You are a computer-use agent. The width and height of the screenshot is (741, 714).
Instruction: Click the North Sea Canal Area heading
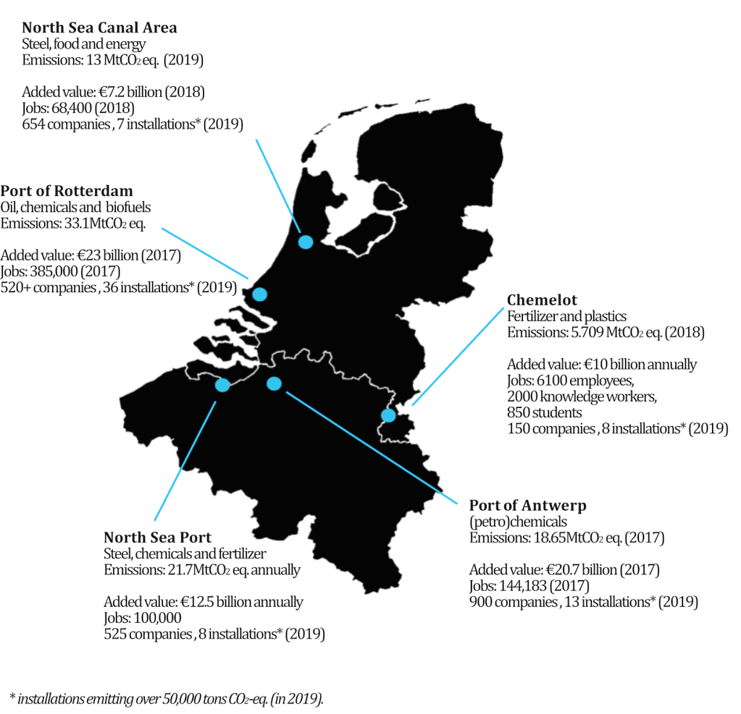(x=99, y=28)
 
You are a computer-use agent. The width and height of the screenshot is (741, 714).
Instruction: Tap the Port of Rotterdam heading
(x=67, y=192)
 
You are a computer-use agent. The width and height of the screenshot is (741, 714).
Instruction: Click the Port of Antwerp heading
(x=527, y=505)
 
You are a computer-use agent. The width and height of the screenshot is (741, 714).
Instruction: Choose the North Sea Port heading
(x=157, y=537)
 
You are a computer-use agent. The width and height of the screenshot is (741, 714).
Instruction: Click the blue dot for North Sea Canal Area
(x=305, y=242)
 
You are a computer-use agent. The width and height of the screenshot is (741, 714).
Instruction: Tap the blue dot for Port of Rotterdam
(x=259, y=294)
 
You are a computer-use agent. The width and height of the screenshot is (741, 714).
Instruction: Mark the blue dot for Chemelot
(x=388, y=415)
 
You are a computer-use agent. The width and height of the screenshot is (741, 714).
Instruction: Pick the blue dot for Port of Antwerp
(x=274, y=384)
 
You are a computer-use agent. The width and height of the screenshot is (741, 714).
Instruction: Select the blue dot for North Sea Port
(x=222, y=385)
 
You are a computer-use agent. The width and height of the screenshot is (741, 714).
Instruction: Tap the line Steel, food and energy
(x=84, y=45)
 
